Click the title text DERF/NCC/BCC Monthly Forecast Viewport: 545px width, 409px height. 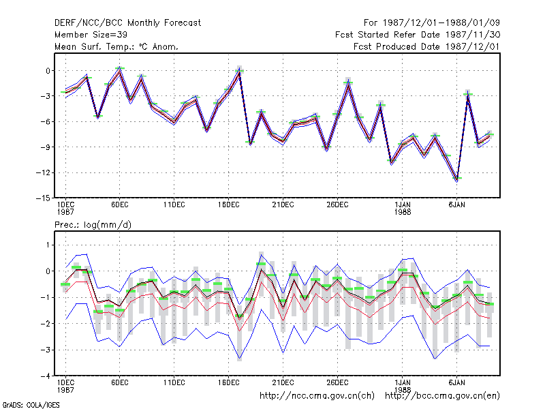[x=127, y=23]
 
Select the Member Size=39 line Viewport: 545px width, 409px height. [x=91, y=35]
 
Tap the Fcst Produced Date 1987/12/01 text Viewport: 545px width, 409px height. [x=426, y=46]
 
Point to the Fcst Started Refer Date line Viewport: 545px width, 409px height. [x=418, y=35]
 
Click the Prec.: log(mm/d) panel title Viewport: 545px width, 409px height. [x=93, y=225]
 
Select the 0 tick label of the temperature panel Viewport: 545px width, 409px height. [x=48, y=71]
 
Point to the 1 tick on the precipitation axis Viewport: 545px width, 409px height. [x=48, y=245]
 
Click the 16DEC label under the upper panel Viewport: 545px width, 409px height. [x=229, y=204]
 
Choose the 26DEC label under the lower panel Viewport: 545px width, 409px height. [x=337, y=382]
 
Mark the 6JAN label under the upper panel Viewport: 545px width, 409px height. [x=456, y=204]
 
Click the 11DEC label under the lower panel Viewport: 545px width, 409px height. [x=174, y=382]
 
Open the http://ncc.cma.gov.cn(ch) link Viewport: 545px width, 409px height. [x=317, y=396]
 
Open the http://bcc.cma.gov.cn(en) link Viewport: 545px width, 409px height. [x=442, y=396]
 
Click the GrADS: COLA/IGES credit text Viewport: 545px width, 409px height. [x=31, y=405]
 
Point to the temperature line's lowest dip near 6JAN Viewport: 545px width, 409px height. [x=456, y=180]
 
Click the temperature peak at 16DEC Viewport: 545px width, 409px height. [x=240, y=72]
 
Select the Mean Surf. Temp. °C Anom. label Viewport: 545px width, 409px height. [x=116, y=46]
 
